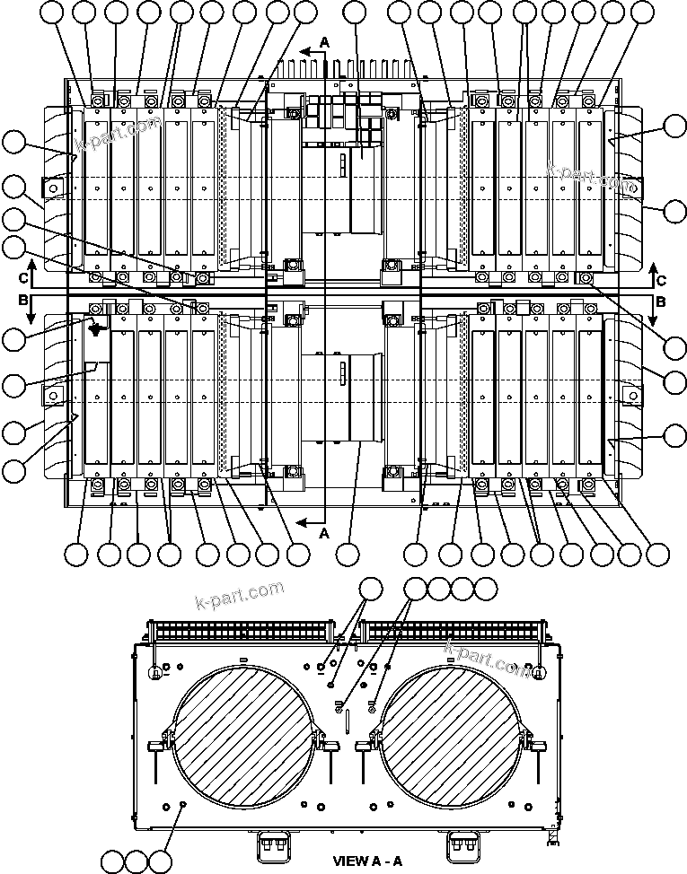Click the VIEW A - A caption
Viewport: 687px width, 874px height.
click(x=367, y=861)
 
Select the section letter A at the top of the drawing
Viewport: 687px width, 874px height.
click(x=325, y=41)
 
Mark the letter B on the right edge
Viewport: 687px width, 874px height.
click(x=660, y=302)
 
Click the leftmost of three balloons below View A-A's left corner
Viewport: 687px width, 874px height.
click(x=111, y=861)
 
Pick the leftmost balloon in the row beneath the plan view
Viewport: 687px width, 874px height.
click(x=76, y=554)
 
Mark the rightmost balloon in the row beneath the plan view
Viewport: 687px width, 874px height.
click(x=658, y=554)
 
